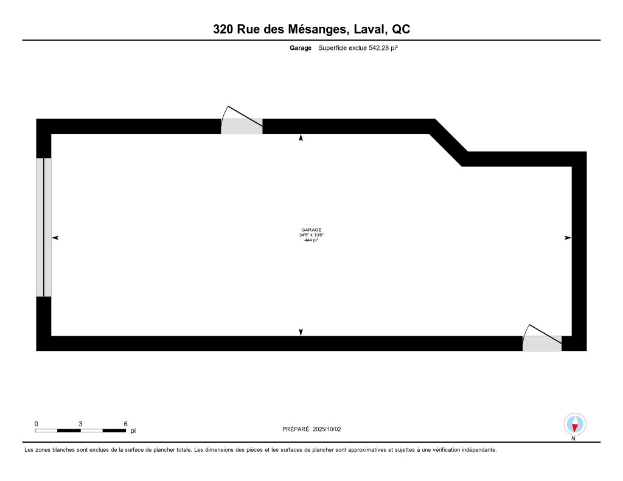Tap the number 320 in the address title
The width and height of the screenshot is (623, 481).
pos(223,29)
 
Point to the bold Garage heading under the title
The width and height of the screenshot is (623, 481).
pos(301,48)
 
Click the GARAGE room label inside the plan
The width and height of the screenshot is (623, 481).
pos(311,230)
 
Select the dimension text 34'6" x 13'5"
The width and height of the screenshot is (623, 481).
pos(311,235)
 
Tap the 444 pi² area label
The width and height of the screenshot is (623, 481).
pos(311,240)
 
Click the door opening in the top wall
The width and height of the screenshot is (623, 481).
pos(242,126)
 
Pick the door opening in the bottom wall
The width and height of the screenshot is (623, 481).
pos(542,344)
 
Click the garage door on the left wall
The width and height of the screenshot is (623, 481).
pos(44,227)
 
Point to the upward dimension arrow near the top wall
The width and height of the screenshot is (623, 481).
pos(301,139)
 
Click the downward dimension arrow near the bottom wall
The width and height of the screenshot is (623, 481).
pos(301,331)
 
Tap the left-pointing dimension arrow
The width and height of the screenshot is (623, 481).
pos(55,238)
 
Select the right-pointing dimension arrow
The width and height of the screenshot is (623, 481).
pos(568,238)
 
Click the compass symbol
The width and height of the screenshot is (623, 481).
pos(574,424)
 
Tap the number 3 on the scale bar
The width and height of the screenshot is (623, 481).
pos(80,423)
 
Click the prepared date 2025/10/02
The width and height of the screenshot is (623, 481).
pos(328,429)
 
